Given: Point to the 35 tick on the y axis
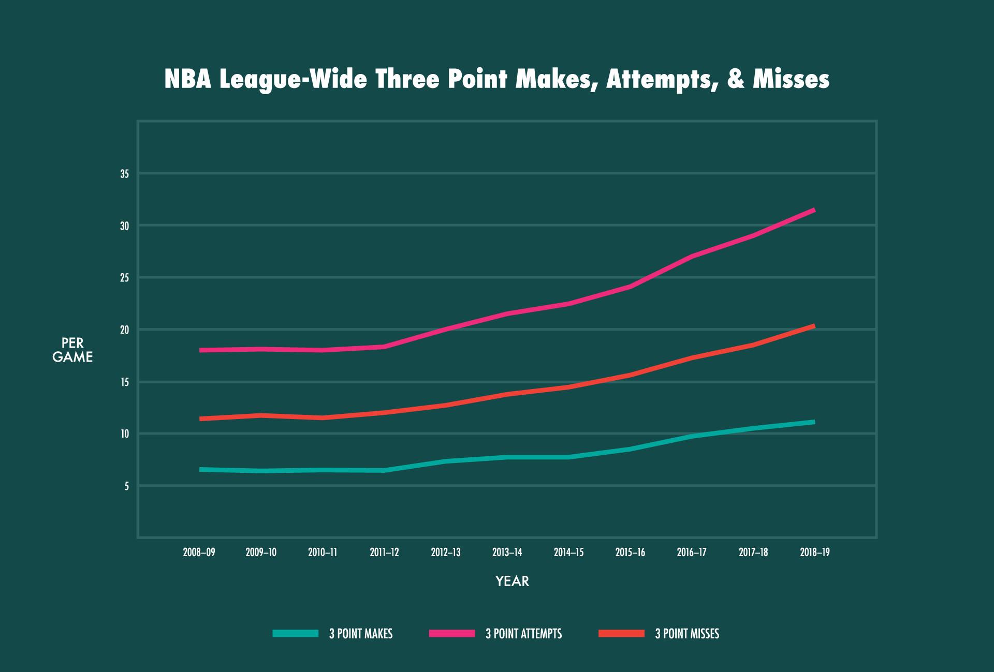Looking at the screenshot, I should click(x=124, y=174).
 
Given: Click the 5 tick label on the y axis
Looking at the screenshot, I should click(x=126, y=486).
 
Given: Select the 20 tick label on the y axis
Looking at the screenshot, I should click(x=124, y=330).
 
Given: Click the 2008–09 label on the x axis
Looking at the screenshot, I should click(x=199, y=552).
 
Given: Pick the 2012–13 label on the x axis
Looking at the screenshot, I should click(x=446, y=552).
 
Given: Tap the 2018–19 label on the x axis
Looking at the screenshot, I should click(x=814, y=552).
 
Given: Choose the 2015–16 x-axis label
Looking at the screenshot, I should click(x=630, y=552).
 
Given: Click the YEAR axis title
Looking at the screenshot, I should click(x=512, y=581).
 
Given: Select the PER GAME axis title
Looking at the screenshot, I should click(x=72, y=350).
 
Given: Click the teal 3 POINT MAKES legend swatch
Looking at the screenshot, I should click(x=296, y=633).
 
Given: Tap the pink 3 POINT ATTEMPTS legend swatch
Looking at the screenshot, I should click(x=452, y=633).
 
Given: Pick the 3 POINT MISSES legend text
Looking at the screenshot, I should click(x=687, y=634).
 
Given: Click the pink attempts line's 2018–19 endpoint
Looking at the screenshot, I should click(x=814, y=210).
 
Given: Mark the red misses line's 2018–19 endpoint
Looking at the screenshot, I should click(x=814, y=326).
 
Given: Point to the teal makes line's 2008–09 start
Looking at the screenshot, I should click(x=200, y=469).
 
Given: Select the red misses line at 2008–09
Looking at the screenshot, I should click(x=200, y=419).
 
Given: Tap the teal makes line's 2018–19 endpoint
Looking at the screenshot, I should click(x=814, y=422).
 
